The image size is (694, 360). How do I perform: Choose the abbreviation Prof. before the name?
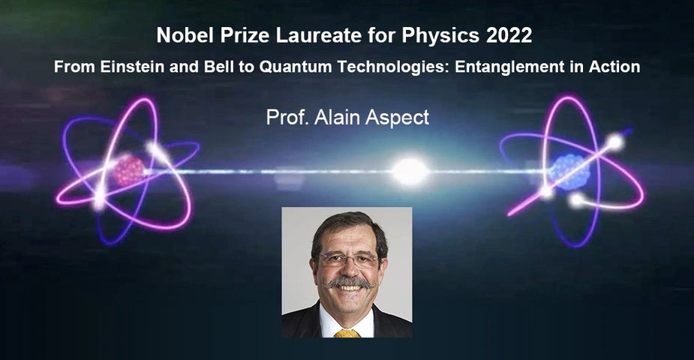[x=287, y=117]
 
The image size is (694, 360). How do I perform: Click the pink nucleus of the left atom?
[x=129, y=170]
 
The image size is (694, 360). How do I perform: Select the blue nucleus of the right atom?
[x=569, y=172]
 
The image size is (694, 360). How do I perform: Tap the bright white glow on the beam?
[x=410, y=171]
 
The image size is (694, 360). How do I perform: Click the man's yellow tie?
[x=347, y=334]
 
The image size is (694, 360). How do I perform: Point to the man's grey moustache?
[x=349, y=282]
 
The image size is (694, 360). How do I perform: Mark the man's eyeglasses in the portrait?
[x=350, y=259]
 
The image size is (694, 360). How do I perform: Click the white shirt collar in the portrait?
[x=347, y=322]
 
